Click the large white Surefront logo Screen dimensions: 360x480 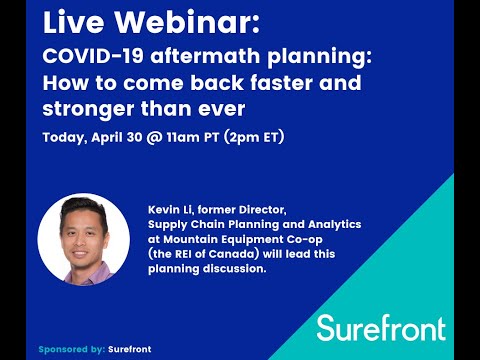click(380, 327)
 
